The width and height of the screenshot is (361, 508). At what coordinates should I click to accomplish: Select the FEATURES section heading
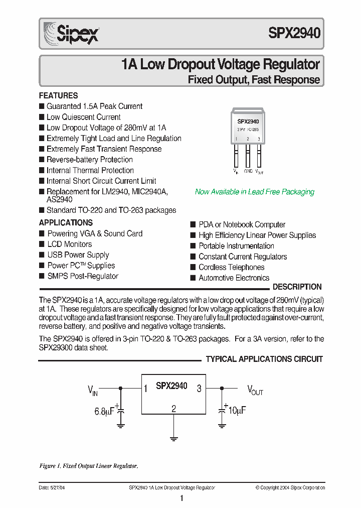[x=58, y=95]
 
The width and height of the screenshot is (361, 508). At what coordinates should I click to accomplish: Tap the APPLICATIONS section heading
[x=66, y=222]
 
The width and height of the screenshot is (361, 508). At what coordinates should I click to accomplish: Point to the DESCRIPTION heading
[x=297, y=287]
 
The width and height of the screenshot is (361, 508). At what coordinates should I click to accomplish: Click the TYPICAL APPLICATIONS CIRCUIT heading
[x=264, y=359]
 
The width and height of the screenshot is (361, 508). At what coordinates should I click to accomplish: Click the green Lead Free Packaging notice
[x=254, y=192]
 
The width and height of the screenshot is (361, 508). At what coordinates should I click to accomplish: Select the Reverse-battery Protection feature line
[x=89, y=160]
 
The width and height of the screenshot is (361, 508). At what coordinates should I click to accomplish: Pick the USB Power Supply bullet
[x=78, y=255]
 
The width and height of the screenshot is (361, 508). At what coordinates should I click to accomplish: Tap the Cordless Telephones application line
[x=231, y=267]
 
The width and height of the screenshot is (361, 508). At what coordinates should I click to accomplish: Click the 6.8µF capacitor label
[x=104, y=412]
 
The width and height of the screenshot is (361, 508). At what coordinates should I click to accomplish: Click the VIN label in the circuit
[x=93, y=389]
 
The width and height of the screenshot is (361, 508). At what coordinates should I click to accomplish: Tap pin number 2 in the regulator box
[x=173, y=409]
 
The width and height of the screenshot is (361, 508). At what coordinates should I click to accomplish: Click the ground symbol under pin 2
[x=173, y=438]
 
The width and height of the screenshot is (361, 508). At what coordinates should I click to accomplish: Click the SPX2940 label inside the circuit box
[x=171, y=386]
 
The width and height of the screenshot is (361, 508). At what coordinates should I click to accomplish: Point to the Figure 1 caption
[x=88, y=466]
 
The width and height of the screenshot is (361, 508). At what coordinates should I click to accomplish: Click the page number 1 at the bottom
[x=182, y=498]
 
